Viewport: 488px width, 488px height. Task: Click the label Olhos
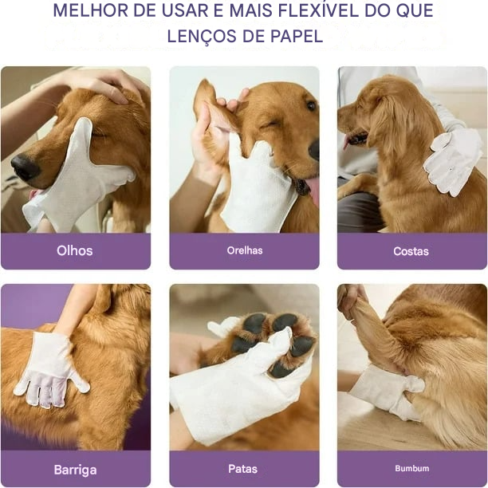(74, 250)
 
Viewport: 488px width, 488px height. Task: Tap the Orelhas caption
(244, 250)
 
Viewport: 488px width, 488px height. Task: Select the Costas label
(411, 251)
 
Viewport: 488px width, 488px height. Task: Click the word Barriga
(75, 470)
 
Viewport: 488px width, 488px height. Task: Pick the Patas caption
(243, 470)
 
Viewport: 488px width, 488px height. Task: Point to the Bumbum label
(411, 469)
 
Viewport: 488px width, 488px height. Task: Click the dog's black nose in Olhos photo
(25, 167)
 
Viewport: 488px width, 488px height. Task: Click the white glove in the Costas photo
(452, 159)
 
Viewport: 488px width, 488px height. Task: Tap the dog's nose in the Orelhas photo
(314, 149)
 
